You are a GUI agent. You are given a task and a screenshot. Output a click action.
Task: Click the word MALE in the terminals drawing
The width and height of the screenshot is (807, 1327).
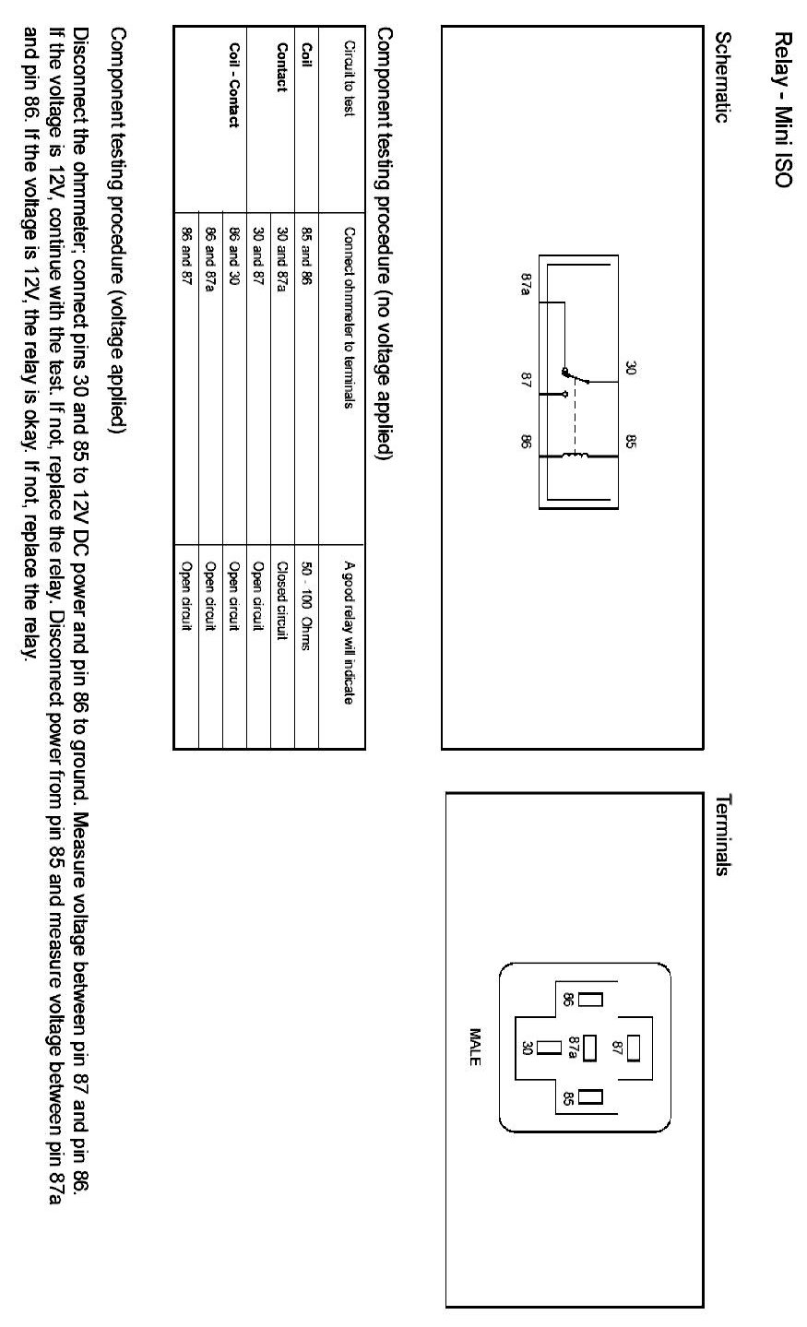(475, 1048)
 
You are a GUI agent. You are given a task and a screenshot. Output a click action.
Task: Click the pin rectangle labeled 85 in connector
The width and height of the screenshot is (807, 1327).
(589, 1096)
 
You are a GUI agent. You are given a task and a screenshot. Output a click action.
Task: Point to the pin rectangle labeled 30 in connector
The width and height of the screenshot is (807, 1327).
(551, 1048)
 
